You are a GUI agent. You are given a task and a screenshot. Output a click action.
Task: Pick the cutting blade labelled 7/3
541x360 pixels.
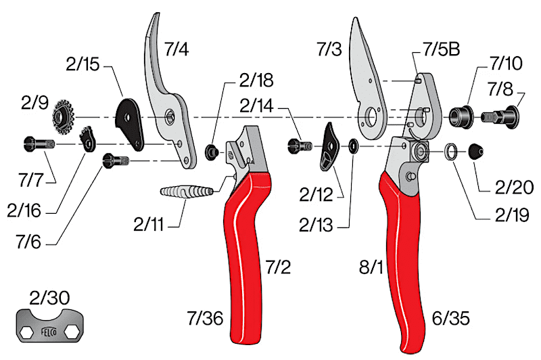coord(368,74)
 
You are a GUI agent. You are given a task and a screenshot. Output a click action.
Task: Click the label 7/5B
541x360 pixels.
coord(441,49)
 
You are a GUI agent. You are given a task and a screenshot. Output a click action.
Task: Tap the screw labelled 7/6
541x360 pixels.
coord(112,161)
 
